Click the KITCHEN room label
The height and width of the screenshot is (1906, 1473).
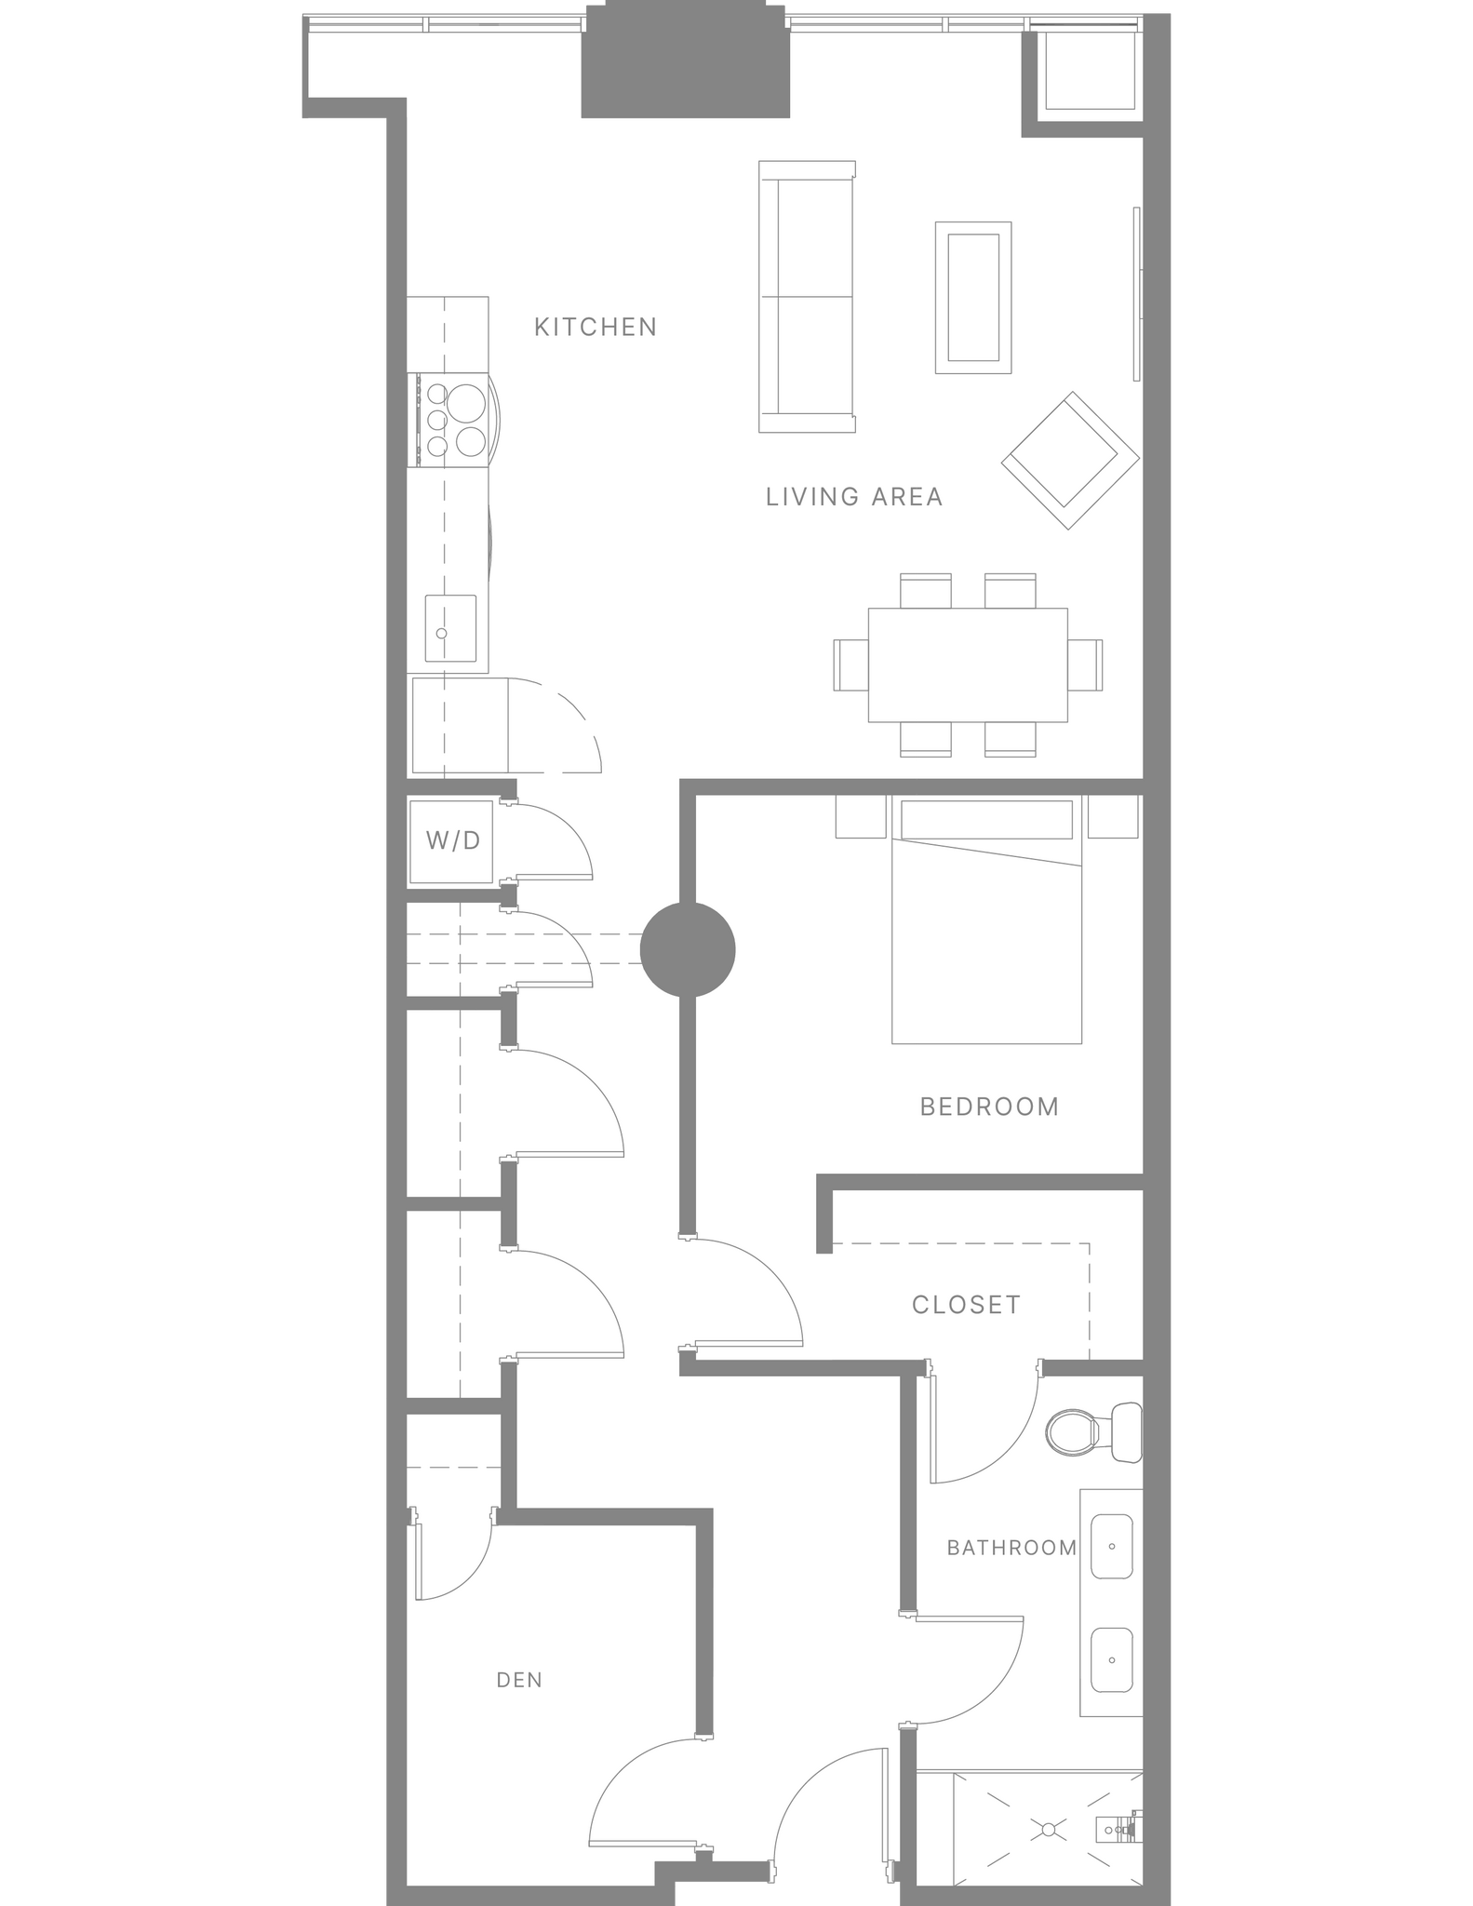click(x=596, y=327)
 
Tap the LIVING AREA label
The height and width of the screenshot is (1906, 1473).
click(x=854, y=497)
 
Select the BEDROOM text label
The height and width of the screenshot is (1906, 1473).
click(x=989, y=1107)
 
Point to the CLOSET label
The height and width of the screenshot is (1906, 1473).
click(x=966, y=1305)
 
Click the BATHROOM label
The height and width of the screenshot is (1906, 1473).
click(x=1011, y=1548)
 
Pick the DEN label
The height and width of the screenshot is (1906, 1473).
click(x=519, y=1680)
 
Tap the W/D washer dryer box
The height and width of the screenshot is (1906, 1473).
click(x=452, y=841)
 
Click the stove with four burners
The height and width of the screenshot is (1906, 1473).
click(x=452, y=420)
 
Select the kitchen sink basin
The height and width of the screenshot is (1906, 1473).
click(x=450, y=628)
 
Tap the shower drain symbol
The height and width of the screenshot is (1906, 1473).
click(x=1049, y=1829)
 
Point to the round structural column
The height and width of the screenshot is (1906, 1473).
click(x=688, y=949)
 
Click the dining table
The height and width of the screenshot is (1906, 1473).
click(x=968, y=664)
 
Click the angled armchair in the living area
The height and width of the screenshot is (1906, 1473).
click(x=1070, y=461)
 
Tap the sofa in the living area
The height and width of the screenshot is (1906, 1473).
click(x=806, y=297)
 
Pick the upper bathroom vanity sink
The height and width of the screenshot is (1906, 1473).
click(x=1111, y=1546)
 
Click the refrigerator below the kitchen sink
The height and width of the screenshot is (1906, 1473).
click(x=459, y=726)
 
